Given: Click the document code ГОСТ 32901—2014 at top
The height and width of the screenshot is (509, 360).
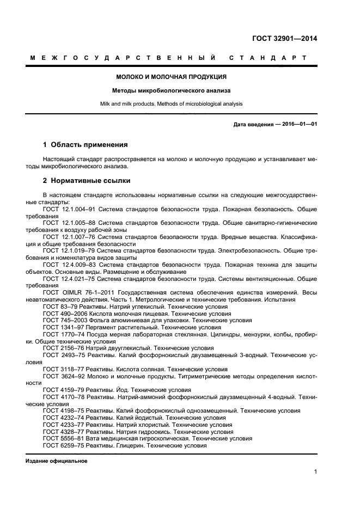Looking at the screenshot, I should pyautogui.click(x=284, y=39).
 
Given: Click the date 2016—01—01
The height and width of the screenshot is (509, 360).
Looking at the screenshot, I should pyautogui.click(x=298, y=124).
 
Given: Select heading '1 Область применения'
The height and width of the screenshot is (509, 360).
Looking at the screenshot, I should pyautogui.click(x=85, y=145).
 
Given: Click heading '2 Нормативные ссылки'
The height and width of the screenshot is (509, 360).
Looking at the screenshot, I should pyautogui.click(x=86, y=180).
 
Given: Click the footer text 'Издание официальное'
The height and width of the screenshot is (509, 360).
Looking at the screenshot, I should pyautogui.click(x=57, y=461).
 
